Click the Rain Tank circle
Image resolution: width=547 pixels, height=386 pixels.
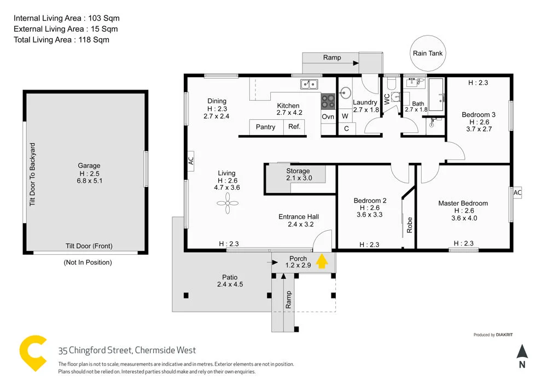428,53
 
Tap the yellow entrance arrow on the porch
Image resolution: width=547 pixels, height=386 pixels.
322,261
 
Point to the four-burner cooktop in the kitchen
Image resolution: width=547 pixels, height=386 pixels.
328,101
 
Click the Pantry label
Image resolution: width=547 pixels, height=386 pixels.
266,127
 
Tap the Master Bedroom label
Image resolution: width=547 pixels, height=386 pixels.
463,203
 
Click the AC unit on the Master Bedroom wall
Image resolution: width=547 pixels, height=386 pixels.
517,193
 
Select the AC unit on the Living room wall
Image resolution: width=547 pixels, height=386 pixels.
191,161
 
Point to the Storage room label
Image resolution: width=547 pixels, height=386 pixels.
298,171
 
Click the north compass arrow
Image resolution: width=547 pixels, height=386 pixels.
522,352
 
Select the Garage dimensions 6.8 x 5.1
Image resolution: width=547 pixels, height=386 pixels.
89,180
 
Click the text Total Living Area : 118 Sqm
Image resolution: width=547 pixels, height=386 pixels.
61,39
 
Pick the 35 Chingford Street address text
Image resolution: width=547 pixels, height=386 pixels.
127,350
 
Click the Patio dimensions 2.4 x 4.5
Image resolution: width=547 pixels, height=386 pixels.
230,284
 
